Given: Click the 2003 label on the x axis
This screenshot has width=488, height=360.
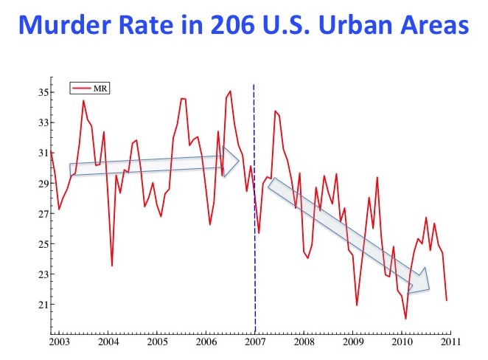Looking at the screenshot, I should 60,343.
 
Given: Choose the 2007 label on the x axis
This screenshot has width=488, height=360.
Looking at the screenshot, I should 255,343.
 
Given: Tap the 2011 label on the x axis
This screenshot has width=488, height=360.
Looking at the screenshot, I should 450,343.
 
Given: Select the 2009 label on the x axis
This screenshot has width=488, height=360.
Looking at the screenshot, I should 352,343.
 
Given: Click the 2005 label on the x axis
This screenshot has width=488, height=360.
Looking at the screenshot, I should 157,343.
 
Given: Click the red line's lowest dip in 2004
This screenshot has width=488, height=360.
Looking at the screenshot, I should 112,266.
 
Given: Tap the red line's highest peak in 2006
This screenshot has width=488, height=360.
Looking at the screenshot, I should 230,91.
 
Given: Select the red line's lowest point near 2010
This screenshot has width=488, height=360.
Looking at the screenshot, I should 405,319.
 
